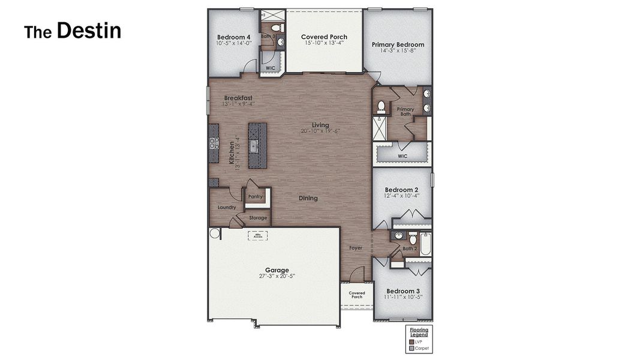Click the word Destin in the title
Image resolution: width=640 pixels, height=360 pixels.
click(89, 31)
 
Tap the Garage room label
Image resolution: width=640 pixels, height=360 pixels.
click(277, 270)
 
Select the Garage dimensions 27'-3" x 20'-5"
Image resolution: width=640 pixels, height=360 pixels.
click(277, 276)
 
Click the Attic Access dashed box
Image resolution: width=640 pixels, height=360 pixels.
click(258, 236)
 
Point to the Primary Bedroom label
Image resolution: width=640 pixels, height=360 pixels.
click(398, 44)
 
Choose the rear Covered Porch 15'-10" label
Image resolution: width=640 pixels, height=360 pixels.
click(324, 37)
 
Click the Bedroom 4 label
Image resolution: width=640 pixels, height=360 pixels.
click(234, 37)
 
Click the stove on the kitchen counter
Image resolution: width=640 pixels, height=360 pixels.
click(214, 143)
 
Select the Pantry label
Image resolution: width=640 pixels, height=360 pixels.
click(256, 197)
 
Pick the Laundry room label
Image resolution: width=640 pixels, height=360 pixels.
click(226, 208)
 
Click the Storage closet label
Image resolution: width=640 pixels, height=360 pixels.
click(258, 218)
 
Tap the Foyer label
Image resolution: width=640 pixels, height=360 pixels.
click(356, 248)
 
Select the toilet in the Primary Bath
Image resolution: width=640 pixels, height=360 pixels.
click(381, 107)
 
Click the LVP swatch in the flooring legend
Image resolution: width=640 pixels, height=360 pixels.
click(411, 341)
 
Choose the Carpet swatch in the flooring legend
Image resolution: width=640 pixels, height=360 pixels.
click(411, 348)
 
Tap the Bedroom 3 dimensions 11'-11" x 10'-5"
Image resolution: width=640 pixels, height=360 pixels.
click(403, 297)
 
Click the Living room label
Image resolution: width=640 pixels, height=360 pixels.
click(320, 125)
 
